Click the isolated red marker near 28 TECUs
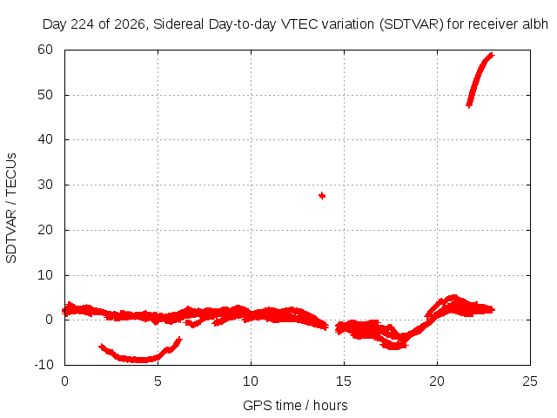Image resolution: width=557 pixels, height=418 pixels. coord(322,196)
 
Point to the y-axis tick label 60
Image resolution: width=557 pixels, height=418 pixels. coord(45,50)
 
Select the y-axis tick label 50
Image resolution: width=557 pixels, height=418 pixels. coord(45,95)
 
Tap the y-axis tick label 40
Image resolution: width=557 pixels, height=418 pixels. coord(45,139)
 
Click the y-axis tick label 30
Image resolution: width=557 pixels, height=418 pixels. coord(45,185)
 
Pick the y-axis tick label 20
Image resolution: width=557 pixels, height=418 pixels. coord(45,230)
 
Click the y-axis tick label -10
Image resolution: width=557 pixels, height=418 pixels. coord(44,364)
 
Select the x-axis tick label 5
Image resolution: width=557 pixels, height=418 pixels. coord(158,381)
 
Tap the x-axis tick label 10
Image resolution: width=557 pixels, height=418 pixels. coord(251,381)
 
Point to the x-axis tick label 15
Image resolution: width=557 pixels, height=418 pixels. coord(344,381)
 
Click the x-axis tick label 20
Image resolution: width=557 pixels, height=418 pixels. coord(437,381)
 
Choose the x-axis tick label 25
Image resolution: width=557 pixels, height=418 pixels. coord(530,381)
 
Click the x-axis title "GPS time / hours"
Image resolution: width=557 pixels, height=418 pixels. coord(295,405)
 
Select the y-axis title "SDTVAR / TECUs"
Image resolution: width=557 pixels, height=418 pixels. coord(11,208)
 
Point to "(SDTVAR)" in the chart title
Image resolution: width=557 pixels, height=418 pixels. coord(412,24)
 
